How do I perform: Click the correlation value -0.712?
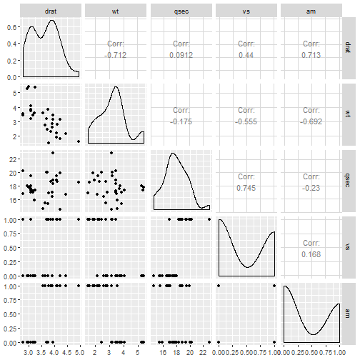[x=115, y=55]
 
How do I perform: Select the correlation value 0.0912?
[x=181, y=55]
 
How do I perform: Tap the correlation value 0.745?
[x=246, y=188]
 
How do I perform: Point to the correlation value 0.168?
[x=311, y=254]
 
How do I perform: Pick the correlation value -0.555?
[x=246, y=121]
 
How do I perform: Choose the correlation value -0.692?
[x=311, y=121]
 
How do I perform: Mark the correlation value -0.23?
[x=311, y=188]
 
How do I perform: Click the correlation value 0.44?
[x=246, y=55]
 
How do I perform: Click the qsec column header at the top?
[x=181, y=11]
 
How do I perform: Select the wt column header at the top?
[x=115, y=11]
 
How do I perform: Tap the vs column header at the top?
[x=246, y=11]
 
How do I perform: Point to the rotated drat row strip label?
[x=348, y=47]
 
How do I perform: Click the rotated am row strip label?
[x=348, y=314]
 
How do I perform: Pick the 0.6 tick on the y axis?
[x=11, y=27]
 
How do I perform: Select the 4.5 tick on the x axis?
[x=68, y=352]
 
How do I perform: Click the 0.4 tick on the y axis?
[x=11, y=44]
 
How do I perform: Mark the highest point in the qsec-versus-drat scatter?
[x=53, y=153]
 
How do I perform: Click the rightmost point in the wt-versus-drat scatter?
[x=79, y=141]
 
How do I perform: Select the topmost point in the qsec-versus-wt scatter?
[x=111, y=153]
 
